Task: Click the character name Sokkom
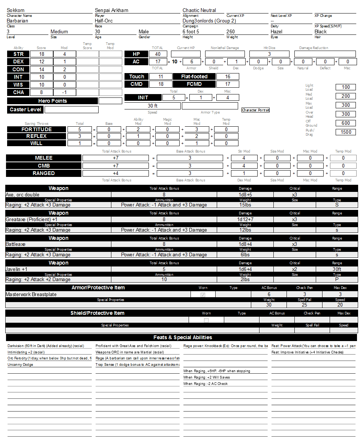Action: [15, 10]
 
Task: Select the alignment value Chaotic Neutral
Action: [199, 10]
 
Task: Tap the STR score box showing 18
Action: [41, 54]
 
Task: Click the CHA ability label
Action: [18, 92]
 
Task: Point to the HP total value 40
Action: [157, 54]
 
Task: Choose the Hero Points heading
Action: [52, 101]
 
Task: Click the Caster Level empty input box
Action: [71, 110]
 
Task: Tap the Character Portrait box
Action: [255, 110]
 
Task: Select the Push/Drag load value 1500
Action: [346, 132]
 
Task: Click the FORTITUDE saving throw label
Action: [36, 129]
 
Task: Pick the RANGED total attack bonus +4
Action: [116, 173]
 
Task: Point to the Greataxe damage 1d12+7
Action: [245, 219]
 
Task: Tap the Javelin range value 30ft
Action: [337, 269]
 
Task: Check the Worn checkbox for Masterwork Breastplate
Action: [203, 295]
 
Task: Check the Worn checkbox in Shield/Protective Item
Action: [206, 320]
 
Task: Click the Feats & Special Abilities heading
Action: [183, 337]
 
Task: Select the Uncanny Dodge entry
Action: [20, 364]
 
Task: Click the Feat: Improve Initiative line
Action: [307, 352]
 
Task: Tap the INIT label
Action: [143, 97]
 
